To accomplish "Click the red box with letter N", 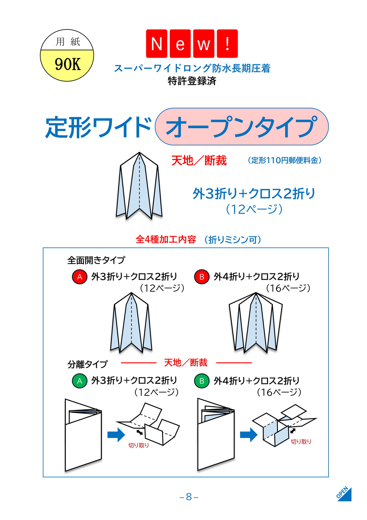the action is tap(156, 44).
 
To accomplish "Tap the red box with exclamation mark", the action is tap(227, 44).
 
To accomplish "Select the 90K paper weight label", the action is tap(68, 64).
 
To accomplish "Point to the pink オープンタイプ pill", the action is tap(242, 126).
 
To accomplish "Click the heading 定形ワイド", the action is tap(98, 127).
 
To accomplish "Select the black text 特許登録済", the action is tap(192, 81).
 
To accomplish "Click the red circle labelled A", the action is tap(80, 277).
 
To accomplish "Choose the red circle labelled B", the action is tap(202, 277).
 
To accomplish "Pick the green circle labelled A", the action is tap(80, 381).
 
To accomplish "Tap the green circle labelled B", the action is tap(202, 381).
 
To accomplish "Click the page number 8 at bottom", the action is tap(189, 497).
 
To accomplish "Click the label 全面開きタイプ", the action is tap(96, 260).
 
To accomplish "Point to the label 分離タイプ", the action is tap(87, 364).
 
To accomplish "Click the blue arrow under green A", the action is tap(116, 435).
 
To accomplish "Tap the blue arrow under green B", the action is tap(249, 435).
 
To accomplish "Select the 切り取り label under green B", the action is tap(301, 441).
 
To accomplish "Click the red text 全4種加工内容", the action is tap(166, 239).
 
